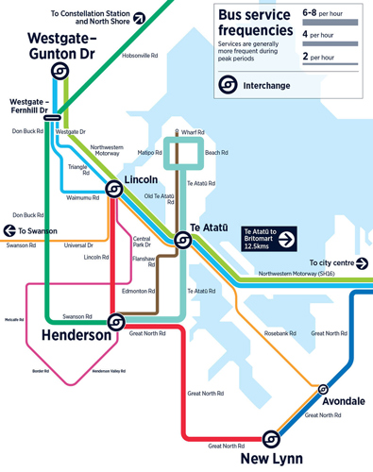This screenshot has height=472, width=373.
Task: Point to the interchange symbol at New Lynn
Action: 271,438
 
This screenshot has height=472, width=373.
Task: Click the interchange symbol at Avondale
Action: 323,388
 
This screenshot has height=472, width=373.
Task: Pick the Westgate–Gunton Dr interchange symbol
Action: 58,72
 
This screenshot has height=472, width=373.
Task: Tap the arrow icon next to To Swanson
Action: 9,230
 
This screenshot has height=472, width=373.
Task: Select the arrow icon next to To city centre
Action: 362,263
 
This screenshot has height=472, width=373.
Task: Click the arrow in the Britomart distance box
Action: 286,237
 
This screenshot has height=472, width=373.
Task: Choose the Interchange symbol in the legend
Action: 229,84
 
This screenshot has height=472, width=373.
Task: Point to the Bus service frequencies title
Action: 254,25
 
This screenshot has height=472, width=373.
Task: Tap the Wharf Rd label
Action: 193,133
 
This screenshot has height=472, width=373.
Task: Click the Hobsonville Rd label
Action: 140,56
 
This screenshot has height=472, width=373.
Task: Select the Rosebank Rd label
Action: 280,333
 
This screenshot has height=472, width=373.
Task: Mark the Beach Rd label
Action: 216,152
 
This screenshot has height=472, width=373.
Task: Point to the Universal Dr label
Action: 78,245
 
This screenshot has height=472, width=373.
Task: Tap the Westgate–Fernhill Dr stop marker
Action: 52,118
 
